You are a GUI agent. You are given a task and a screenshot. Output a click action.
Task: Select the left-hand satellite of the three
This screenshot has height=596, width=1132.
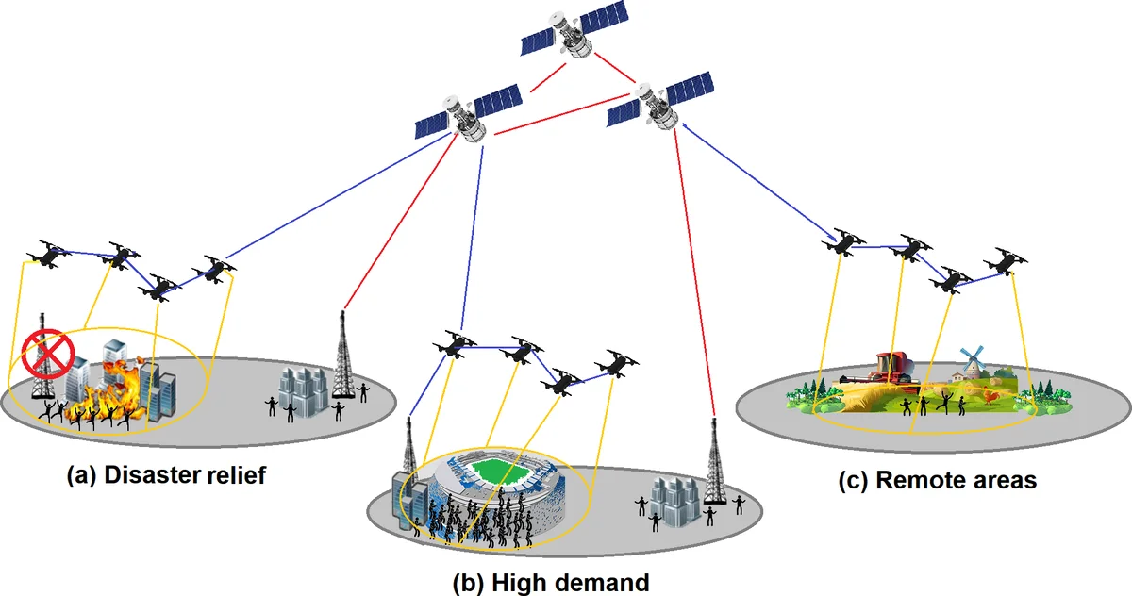coord(469,113)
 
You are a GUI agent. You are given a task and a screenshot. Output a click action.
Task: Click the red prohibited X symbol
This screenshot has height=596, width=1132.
coord(42,356)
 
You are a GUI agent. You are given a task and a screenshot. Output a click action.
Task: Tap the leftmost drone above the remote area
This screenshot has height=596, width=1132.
coord(842,244)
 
